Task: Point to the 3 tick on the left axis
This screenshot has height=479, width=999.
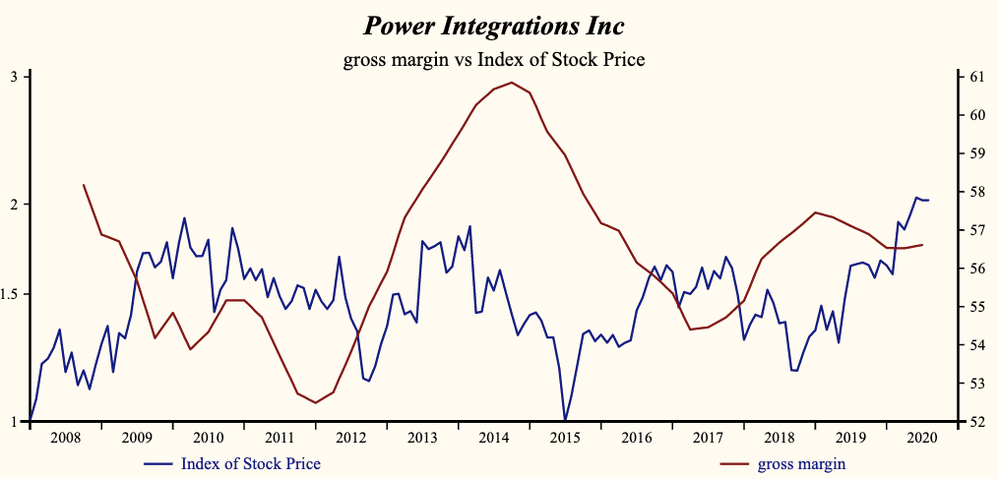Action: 14,77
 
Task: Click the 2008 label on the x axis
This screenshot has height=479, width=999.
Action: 64,437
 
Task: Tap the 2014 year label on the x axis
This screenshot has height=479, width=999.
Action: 493,437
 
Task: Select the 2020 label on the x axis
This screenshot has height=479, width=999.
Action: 921,437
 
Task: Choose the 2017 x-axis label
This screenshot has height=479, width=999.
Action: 708,437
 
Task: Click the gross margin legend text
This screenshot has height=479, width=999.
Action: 801,463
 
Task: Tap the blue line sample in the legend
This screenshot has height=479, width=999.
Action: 158,463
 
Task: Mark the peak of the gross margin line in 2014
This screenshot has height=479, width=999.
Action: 512,83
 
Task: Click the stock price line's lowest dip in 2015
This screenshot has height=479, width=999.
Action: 565,421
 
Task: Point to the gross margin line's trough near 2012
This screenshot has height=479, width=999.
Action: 315,402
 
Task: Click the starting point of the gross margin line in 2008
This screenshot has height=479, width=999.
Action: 84,185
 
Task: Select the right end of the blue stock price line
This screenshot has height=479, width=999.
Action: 929,201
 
